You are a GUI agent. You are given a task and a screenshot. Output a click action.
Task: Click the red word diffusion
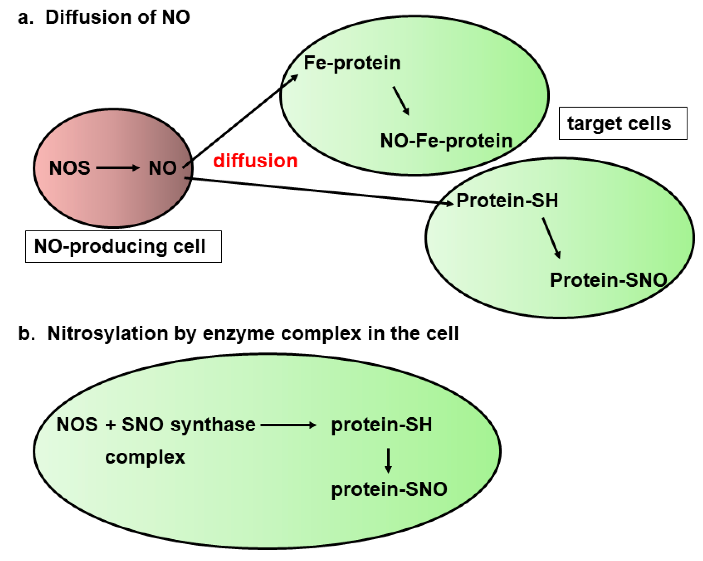pyautogui.click(x=255, y=161)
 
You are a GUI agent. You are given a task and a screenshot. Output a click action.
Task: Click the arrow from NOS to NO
pyautogui.click(x=118, y=168)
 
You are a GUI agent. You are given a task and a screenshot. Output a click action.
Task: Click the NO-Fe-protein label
pyautogui.click(x=446, y=141)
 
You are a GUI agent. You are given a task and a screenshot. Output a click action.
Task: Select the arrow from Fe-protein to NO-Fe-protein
pyautogui.click(x=401, y=100)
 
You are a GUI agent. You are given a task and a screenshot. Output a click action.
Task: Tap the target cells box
pyautogui.click(x=622, y=123)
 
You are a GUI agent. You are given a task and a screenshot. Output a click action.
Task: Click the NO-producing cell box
pyautogui.click(x=123, y=246)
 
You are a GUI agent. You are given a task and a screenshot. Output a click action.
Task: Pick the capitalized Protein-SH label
pyautogui.click(x=507, y=200)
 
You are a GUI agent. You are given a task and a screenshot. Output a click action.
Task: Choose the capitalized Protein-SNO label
pyautogui.click(x=608, y=280)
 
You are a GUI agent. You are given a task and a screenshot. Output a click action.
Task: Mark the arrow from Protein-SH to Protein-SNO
pyautogui.click(x=551, y=237)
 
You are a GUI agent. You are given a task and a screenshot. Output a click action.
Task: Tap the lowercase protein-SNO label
pyautogui.click(x=389, y=489)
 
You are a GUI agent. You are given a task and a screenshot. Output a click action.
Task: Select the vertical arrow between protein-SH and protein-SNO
pyautogui.click(x=388, y=460)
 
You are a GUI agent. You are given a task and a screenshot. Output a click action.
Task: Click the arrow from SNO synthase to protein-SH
pyautogui.click(x=288, y=425)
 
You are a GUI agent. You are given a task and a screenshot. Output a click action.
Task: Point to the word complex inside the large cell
pyautogui.click(x=145, y=457)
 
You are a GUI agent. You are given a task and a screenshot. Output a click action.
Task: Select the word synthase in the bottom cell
pyautogui.click(x=213, y=425)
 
